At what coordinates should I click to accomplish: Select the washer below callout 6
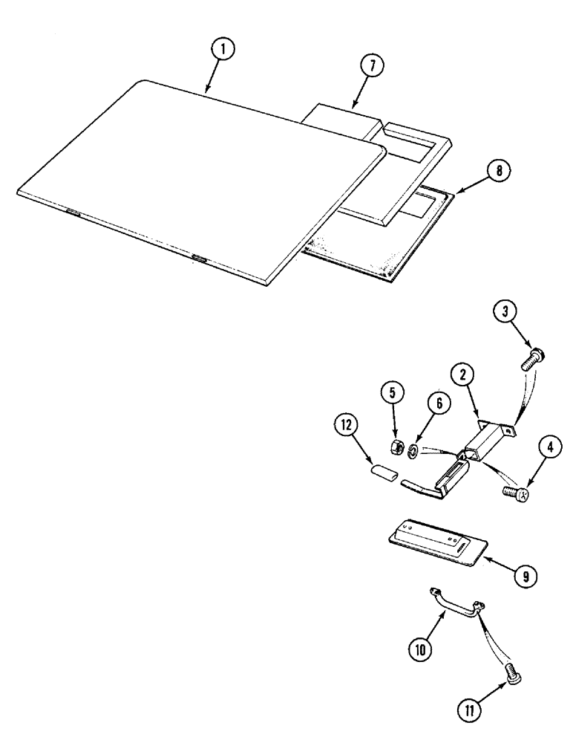[x=413, y=450]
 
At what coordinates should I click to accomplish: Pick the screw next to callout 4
[x=513, y=491]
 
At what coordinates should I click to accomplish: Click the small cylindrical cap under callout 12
[x=381, y=472]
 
